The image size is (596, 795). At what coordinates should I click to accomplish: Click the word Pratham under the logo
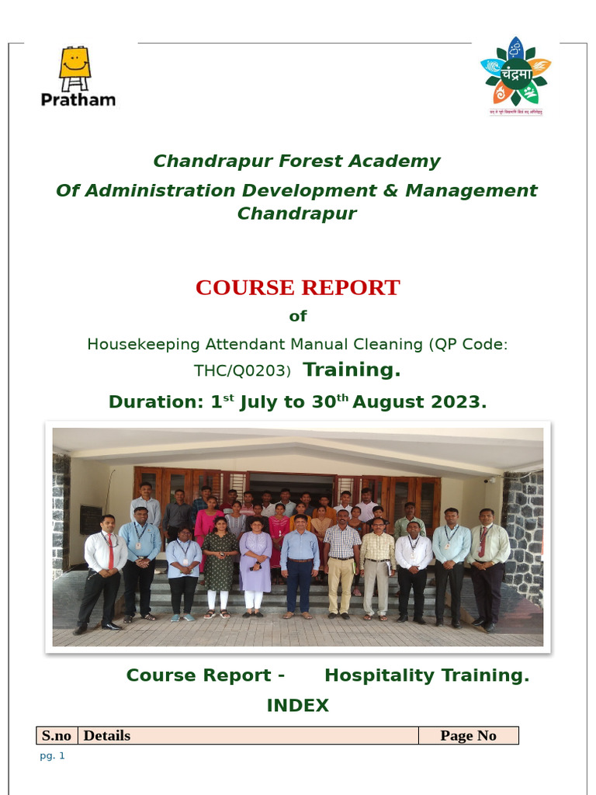tap(78, 99)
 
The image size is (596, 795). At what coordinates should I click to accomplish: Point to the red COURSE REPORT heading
tap(297, 288)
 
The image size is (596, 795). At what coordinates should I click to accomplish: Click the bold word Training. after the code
tap(352, 370)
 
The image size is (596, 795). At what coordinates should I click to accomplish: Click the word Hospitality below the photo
tap(379, 675)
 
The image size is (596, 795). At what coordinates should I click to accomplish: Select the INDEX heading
tap(297, 706)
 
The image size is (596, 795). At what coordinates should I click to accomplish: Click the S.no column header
tap(57, 736)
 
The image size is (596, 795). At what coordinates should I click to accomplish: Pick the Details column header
tap(107, 736)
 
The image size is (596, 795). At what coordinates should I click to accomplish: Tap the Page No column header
tap(468, 736)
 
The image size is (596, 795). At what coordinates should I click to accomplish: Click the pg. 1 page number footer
tap(52, 756)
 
